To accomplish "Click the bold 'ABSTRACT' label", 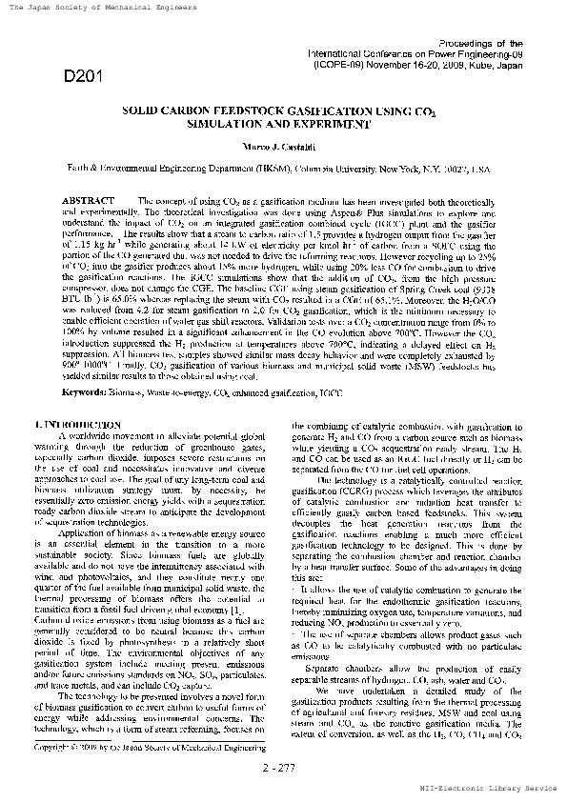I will [88, 201].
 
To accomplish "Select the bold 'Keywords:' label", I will [83, 391].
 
